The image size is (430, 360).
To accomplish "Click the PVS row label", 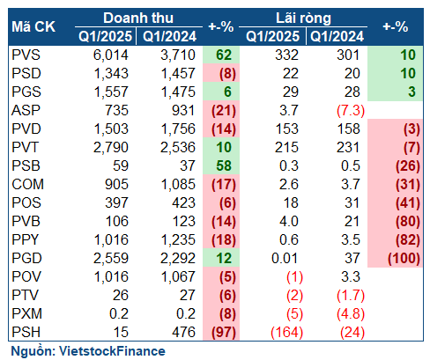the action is (26, 55).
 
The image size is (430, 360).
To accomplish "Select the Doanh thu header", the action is (138, 18).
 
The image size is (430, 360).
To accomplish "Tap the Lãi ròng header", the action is (303, 18).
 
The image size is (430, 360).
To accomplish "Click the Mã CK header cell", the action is (33, 27).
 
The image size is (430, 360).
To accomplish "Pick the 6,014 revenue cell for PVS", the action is (111, 55).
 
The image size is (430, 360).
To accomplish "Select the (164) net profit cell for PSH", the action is (287, 333).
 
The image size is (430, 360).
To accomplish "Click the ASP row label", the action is (26, 110).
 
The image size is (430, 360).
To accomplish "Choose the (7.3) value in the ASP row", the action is (351, 111).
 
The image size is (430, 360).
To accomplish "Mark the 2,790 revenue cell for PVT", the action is (111, 147).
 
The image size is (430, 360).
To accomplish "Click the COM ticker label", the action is (27, 184).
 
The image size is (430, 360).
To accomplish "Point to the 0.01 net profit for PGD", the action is (285, 258).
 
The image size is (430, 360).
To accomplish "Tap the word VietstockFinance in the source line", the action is (112, 351).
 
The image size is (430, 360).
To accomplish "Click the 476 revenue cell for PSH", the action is (184, 332).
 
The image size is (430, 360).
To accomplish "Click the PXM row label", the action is (26, 313).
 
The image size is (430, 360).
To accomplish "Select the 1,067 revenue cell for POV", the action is (178, 276).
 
